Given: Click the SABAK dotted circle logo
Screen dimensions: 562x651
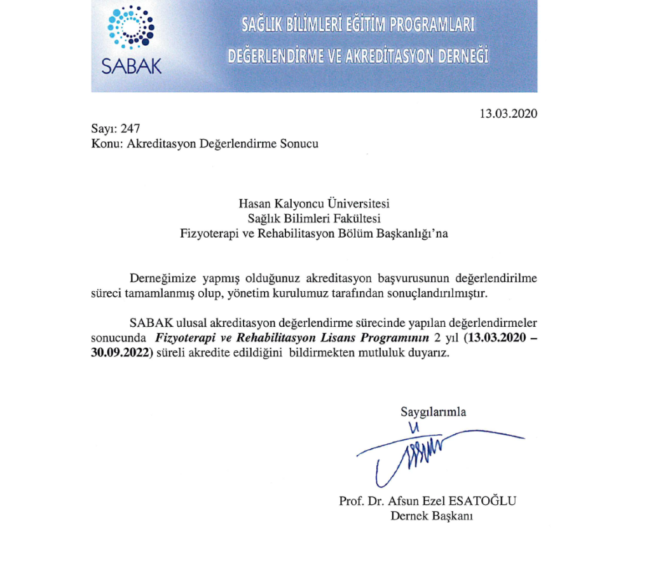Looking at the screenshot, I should [132, 28].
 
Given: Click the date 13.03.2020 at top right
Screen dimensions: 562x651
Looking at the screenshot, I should [508, 114].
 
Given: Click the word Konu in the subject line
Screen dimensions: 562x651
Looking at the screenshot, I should [106, 143].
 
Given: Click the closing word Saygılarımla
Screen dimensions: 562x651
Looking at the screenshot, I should [433, 412].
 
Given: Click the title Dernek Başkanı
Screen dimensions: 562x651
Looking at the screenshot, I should [432, 516].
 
